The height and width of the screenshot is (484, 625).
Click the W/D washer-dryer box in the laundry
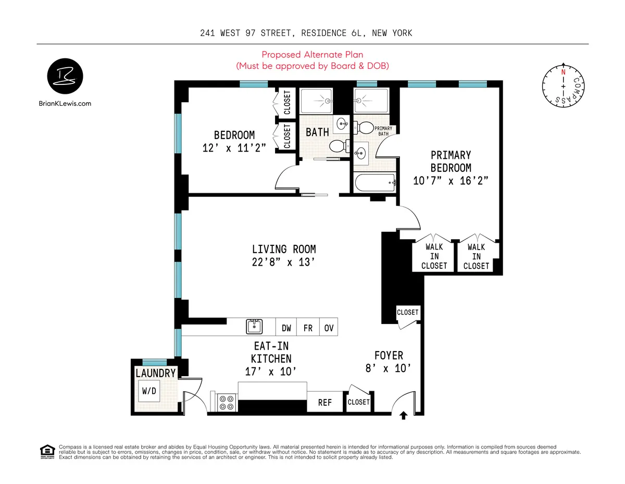click(x=149, y=391)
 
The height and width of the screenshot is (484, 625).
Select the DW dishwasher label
click(x=286, y=328)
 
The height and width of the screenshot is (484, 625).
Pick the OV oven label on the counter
click(x=329, y=328)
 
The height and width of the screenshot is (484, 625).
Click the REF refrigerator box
click(x=326, y=402)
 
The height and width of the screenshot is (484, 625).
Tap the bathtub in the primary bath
click(x=373, y=183)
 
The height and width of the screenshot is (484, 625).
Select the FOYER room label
click(x=389, y=355)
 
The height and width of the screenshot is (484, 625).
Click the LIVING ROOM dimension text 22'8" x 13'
click(x=284, y=263)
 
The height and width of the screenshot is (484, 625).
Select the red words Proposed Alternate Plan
click(x=312, y=55)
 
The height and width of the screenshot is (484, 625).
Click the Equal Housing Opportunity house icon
click(x=47, y=451)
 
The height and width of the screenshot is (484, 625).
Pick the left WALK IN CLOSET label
click(x=434, y=256)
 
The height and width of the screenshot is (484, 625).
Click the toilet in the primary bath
click(x=365, y=128)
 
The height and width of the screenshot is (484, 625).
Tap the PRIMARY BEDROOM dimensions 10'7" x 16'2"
click(x=451, y=181)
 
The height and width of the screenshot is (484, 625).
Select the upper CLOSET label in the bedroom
click(x=287, y=103)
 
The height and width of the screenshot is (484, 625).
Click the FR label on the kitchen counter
click(x=308, y=328)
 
